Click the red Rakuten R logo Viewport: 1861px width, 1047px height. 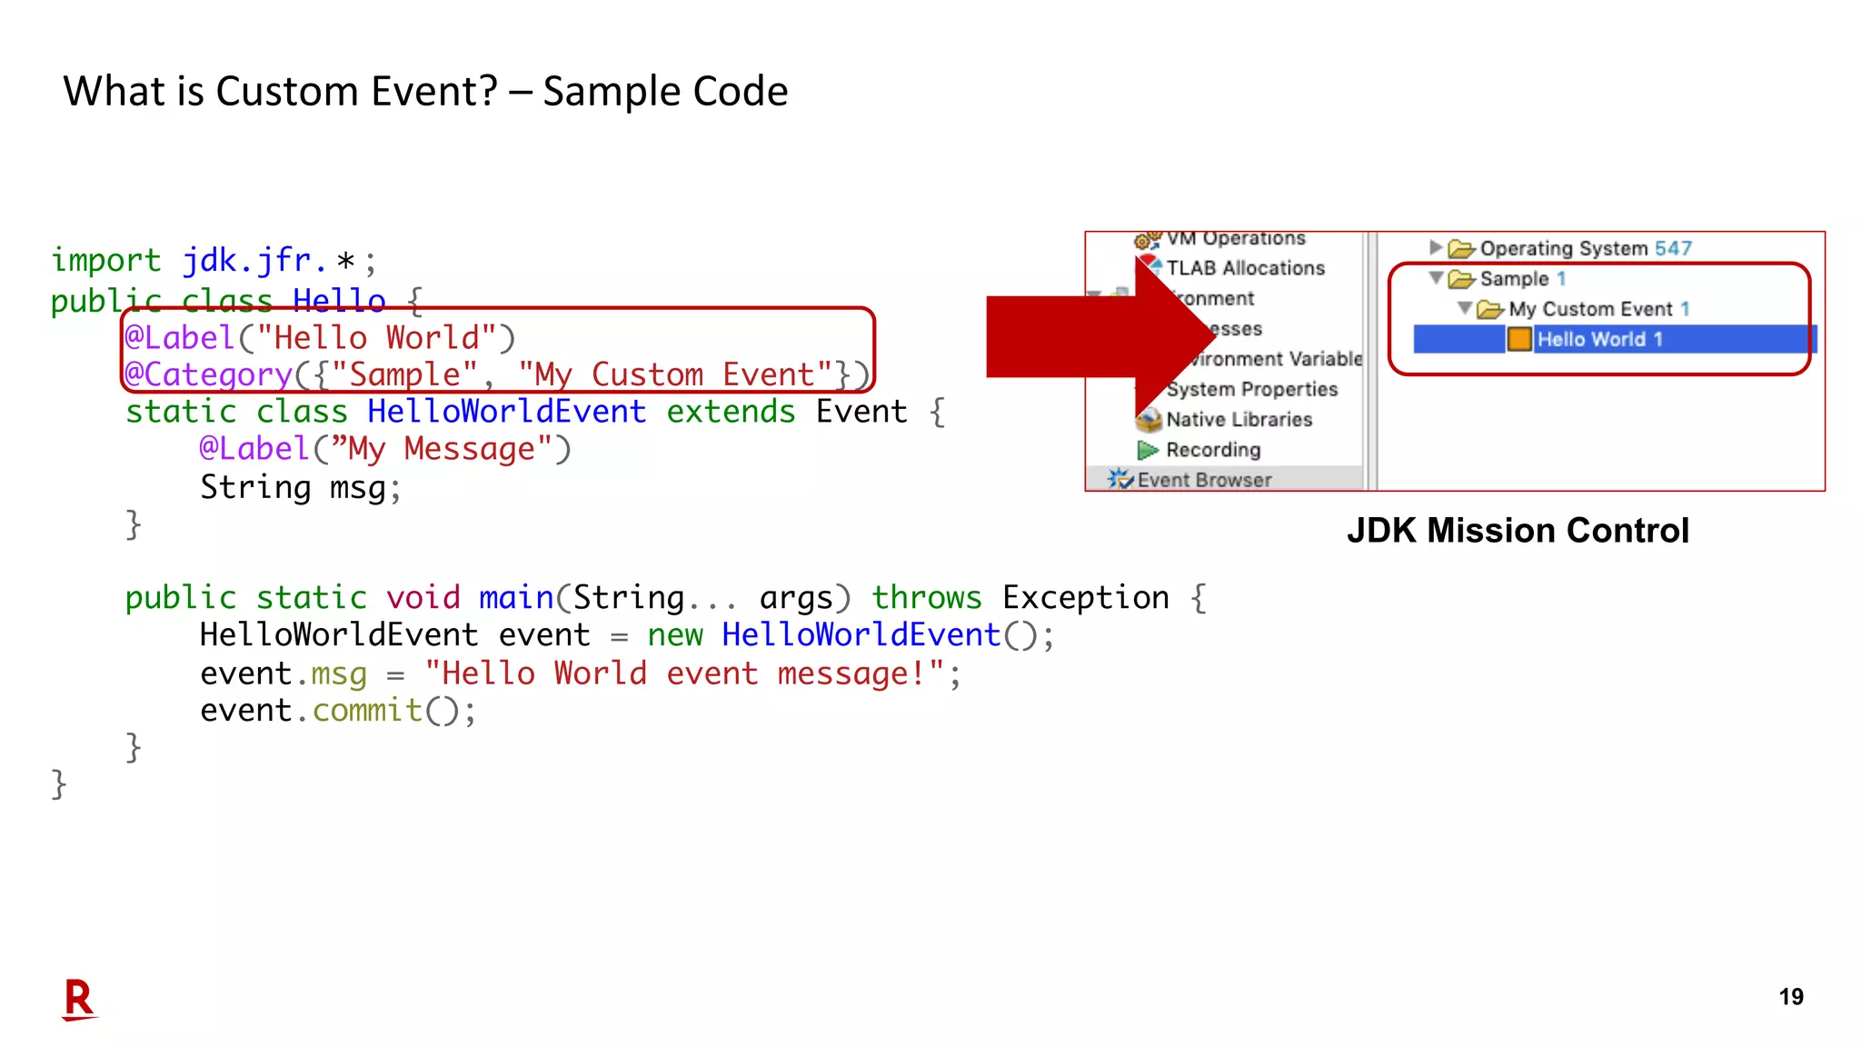79,999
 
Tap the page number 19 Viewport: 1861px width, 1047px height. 1790,997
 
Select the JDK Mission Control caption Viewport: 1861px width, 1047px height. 1518,530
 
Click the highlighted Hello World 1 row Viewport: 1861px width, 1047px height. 1599,339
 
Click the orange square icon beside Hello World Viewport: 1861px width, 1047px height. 1519,339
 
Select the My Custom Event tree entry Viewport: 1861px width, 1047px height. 1589,309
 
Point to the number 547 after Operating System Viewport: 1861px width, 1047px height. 1673,248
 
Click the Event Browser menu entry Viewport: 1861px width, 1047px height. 1203,479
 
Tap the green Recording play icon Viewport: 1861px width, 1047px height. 1148,450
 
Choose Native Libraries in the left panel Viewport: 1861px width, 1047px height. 1239,419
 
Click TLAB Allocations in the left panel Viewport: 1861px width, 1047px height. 1245,268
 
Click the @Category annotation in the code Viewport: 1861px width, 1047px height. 208,374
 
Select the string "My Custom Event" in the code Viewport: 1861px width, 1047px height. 676,374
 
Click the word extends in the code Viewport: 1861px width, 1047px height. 731,412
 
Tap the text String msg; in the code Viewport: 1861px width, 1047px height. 300,487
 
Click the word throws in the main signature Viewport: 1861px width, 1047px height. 926,597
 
